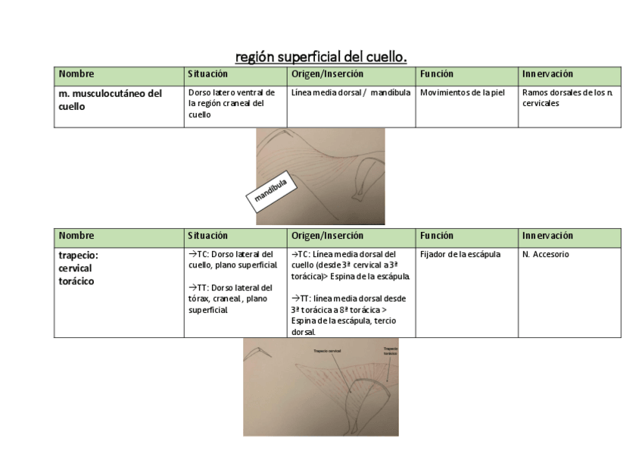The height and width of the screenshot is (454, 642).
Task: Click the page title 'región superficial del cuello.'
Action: (321, 56)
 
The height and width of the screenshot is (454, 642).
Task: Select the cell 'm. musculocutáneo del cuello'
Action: (110, 100)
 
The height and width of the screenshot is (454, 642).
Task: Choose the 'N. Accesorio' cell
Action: (545, 255)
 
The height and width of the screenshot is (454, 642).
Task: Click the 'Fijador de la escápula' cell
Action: (460, 255)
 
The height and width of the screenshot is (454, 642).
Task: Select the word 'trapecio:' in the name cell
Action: (79, 255)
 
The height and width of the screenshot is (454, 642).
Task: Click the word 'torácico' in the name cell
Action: (78, 281)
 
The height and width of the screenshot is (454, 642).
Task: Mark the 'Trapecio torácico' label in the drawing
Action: (390, 351)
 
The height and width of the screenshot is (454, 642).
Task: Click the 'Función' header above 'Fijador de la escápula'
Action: (437, 236)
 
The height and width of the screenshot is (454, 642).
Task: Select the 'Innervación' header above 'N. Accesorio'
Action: (547, 236)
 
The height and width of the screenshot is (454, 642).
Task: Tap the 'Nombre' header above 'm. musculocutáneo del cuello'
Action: (76, 74)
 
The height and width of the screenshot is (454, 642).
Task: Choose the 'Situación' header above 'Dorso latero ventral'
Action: (207, 74)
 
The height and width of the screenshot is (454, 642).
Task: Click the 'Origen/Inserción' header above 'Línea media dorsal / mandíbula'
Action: (327, 74)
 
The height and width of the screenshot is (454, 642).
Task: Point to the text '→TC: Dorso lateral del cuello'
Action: (232, 260)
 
